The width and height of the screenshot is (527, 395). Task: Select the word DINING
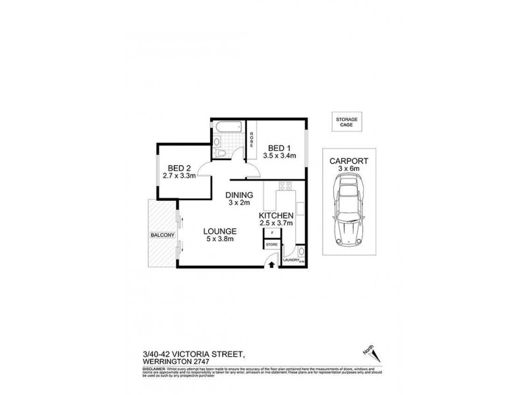tap(238, 195)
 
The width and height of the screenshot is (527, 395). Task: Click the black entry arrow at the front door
tap(272, 264)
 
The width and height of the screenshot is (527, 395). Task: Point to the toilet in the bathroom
tap(222, 153)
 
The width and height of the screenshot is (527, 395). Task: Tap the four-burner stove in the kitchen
tap(286, 186)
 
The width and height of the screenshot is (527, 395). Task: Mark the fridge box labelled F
tap(271, 232)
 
